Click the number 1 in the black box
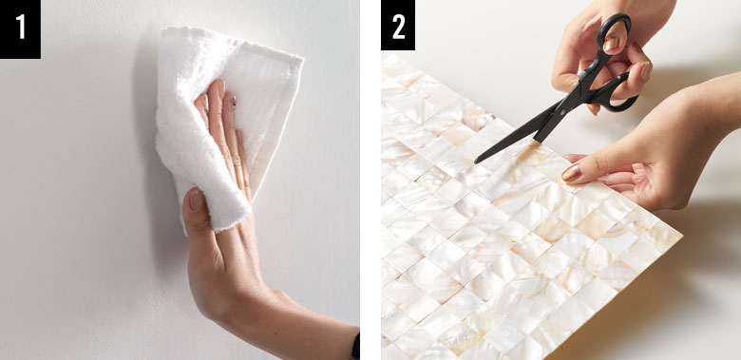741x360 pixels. [x=20, y=27]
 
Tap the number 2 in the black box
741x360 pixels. [x=398, y=27]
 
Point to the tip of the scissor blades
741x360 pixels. [x=475, y=162]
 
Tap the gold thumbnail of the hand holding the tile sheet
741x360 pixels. [x=571, y=174]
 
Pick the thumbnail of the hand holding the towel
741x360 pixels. [x=195, y=199]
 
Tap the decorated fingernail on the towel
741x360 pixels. [x=232, y=102]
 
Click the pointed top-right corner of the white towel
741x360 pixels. [x=301, y=59]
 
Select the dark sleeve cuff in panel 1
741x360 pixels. [x=355, y=347]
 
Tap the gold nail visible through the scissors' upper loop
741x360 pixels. [x=612, y=43]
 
